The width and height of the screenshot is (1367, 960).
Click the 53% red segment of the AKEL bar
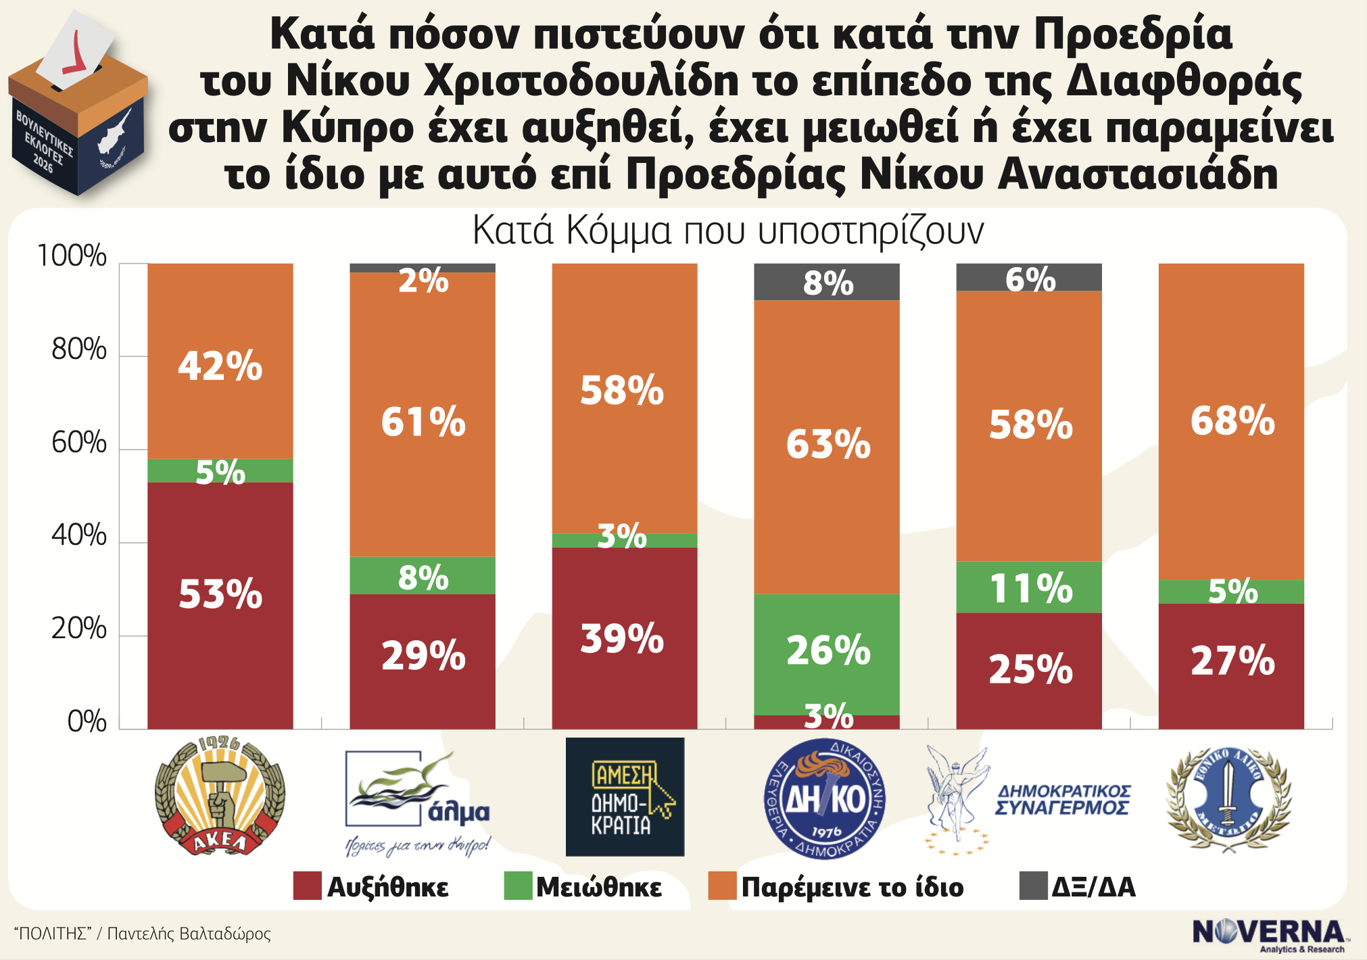tap(220, 605)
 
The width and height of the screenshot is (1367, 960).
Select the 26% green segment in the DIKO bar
tap(827, 654)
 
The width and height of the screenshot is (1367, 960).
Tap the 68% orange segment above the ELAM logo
tap(1231, 421)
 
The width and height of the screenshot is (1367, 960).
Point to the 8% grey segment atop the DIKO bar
tap(827, 282)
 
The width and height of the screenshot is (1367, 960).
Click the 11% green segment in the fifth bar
tap(1029, 587)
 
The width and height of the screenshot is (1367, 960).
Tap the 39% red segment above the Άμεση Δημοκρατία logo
tap(625, 638)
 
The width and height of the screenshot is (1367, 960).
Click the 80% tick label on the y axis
tap(79, 350)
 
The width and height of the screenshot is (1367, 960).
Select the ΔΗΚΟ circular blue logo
tap(825, 798)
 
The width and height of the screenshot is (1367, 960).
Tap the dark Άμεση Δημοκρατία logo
tap(625, 797)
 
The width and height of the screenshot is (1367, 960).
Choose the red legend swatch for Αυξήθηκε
tap(307, 886)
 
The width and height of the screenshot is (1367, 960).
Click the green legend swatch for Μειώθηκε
tap(518, 886)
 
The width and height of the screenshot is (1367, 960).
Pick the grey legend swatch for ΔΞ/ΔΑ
tap(1033, 886)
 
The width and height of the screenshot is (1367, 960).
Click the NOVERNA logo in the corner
tap(1270, 934)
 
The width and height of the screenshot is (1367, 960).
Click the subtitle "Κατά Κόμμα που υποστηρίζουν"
tap(727, 231)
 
